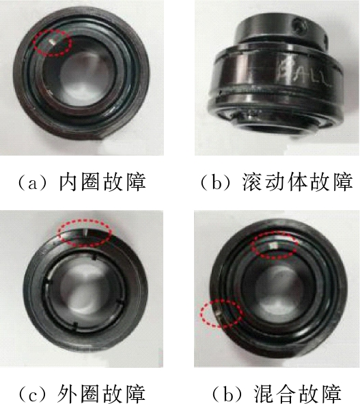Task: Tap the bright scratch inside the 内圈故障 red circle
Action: click(53, 42)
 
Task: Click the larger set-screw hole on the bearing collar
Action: click(300, 27)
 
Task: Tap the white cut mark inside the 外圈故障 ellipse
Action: click(85, 233)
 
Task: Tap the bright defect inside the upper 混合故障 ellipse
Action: click(274, 245)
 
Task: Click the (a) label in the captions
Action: click(33, 183)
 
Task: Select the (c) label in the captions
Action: click(33, 393)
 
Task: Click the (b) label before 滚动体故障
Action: click(216, 183)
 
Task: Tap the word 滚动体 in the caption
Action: click(275, 183)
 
